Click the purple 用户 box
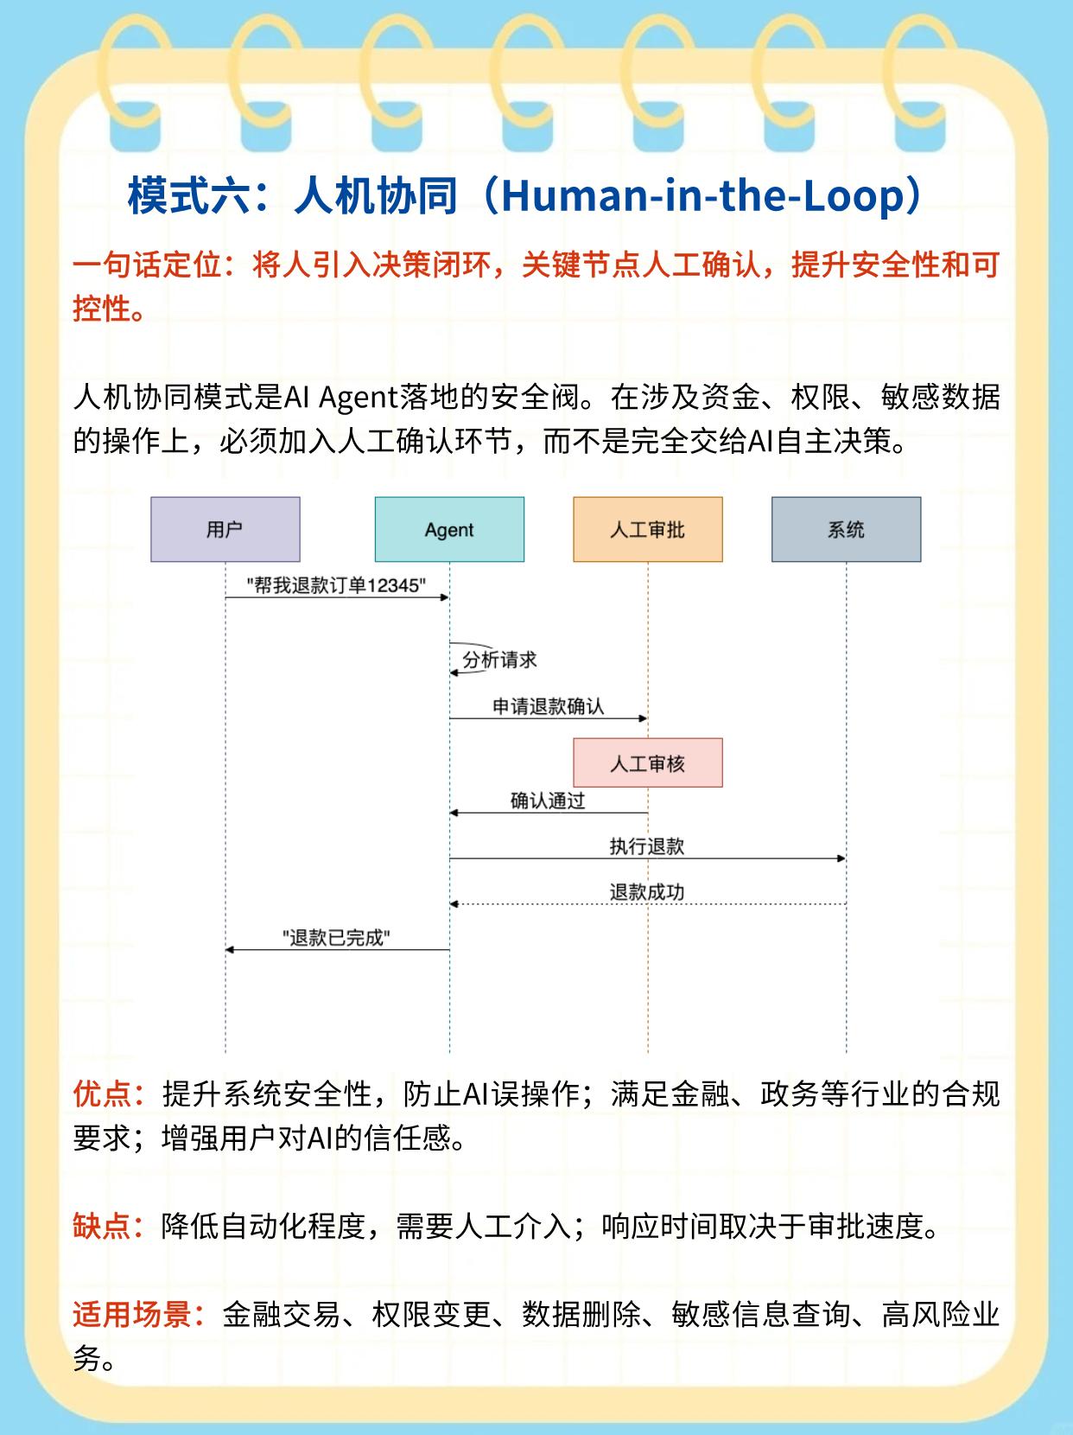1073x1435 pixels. click(x=225, y=529)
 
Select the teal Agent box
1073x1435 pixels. click(x=449, y=529)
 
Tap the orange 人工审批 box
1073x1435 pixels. click(x=647, y=529)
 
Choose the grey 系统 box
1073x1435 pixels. click(x=846, y=529)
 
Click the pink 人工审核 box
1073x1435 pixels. click(x=647, y=763)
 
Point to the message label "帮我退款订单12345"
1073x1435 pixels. click(x=336, y=585)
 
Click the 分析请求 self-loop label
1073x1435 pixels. click(x=499, y=660)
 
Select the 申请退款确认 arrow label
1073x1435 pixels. click(x=548, y=706)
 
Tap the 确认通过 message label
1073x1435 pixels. click(x=548, y=800)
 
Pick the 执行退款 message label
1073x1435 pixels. click(x=646, y=846)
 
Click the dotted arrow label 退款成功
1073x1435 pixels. click(x=646, y=892)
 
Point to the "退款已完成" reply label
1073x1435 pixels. click(x=337, y=938)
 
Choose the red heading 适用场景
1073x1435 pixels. click(x=131, y=1315)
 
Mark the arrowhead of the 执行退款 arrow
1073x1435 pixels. click(x=841, y=858)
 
